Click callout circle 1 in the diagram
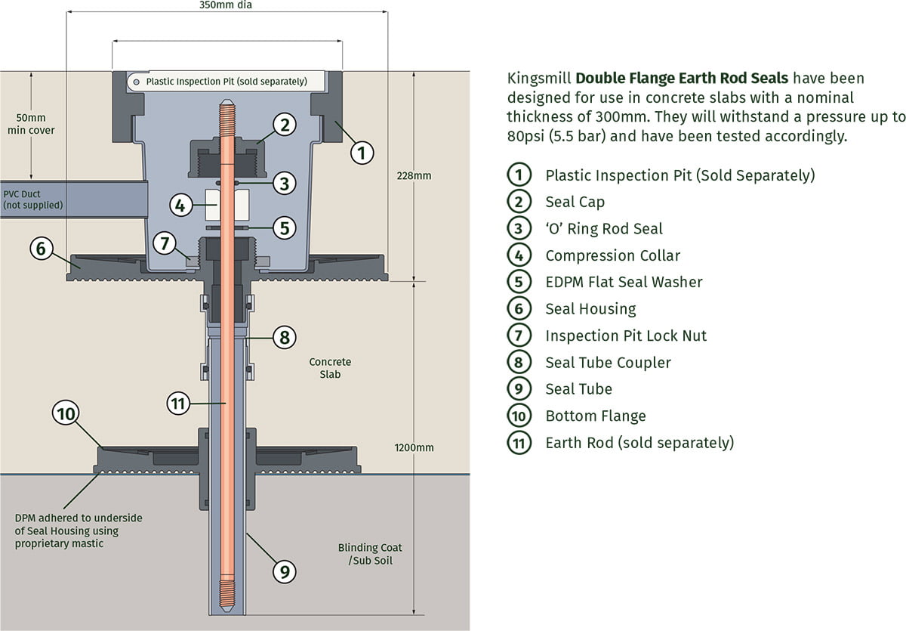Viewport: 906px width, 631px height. click(x=362, y=153)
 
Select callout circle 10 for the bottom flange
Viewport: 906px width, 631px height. click(x=66, y=413)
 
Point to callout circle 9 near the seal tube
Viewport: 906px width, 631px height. click(x=284, y=572)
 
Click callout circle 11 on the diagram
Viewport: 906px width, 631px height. click(x=177, y=404)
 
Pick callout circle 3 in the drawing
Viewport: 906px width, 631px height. click(x=283, y=182)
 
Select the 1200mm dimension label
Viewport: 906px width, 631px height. click(x=414, y=447)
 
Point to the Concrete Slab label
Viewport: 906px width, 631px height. click(x=330, y=368)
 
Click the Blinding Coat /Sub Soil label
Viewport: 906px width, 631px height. click(x=370, y=554)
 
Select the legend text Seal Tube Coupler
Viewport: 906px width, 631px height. click(x=608, y=363)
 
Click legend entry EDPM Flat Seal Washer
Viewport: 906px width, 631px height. click(x=624, y=282)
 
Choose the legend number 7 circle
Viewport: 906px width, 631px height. click(x=518, y=336)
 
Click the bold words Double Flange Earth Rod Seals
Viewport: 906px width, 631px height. click(x=682, y=78)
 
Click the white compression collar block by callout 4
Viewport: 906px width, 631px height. click(x=227, y=204)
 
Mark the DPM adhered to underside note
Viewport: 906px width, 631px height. click(x=79, y=530)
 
